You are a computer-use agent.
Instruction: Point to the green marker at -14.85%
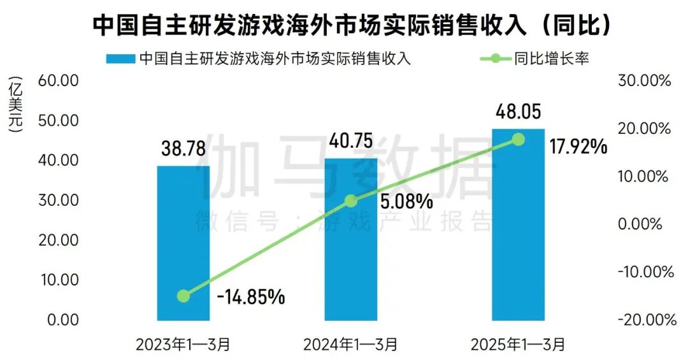pyautogui.click(x=183, y=296)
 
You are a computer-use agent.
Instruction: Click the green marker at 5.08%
pyautogui.click(x=351, y=201)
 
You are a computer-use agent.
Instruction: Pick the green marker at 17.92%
pyautogui.click(x=519, y=139)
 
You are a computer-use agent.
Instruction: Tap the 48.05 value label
pyautogui.click(x=519, y=113)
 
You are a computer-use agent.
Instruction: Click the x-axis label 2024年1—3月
pyautogui.click(x=351, y=345)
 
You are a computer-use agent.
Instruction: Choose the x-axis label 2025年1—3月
pyautogui.click(x=519, y=345)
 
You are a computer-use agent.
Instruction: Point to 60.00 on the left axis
pyautogui.click(x=58, y=81)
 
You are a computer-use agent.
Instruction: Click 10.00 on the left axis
pyautogui.click(x=58, y=280)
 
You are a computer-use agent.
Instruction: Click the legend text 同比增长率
pyautogui.click(x=551, y=59)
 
